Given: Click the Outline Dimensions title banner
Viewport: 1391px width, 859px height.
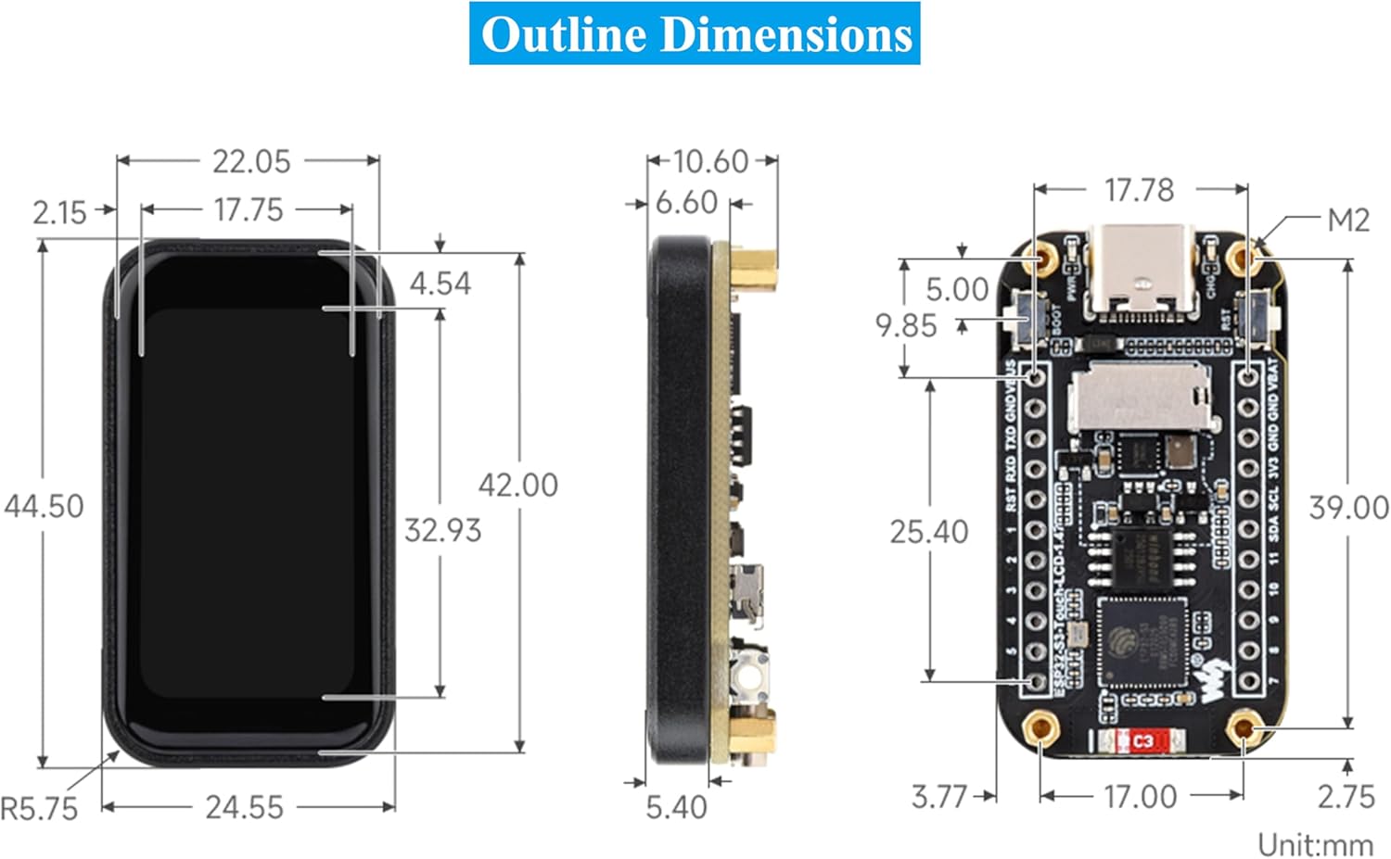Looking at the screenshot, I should [695, 34].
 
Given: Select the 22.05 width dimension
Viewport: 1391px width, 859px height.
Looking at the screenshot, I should [250, 161].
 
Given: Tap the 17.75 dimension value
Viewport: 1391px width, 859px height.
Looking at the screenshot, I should [248, 209].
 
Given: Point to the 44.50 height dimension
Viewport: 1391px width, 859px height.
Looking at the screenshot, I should [44, 506].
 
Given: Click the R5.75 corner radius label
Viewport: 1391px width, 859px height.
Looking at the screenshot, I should [39, 808].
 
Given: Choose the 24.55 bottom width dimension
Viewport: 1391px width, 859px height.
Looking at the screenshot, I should [244, 807].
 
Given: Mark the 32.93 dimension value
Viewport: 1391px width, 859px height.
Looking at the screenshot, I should [442, 530].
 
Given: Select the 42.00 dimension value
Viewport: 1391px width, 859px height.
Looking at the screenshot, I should [517, 485].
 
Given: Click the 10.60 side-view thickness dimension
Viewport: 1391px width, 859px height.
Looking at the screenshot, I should [709, 161].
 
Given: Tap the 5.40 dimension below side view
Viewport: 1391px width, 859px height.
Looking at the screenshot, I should [676, 807].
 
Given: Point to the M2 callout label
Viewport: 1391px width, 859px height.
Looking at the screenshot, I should [1347, 221].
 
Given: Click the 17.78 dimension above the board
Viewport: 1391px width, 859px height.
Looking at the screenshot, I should [1139, 190].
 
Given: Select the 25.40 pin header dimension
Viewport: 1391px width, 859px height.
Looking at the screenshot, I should [928, 532].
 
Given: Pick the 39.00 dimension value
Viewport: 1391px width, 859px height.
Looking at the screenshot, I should [1348, 508].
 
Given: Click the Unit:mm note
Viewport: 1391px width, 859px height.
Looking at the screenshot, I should [1315, 844].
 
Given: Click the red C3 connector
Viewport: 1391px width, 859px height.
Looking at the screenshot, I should [1142, 741].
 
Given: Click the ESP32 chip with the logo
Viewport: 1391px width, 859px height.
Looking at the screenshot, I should [1142, 642].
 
